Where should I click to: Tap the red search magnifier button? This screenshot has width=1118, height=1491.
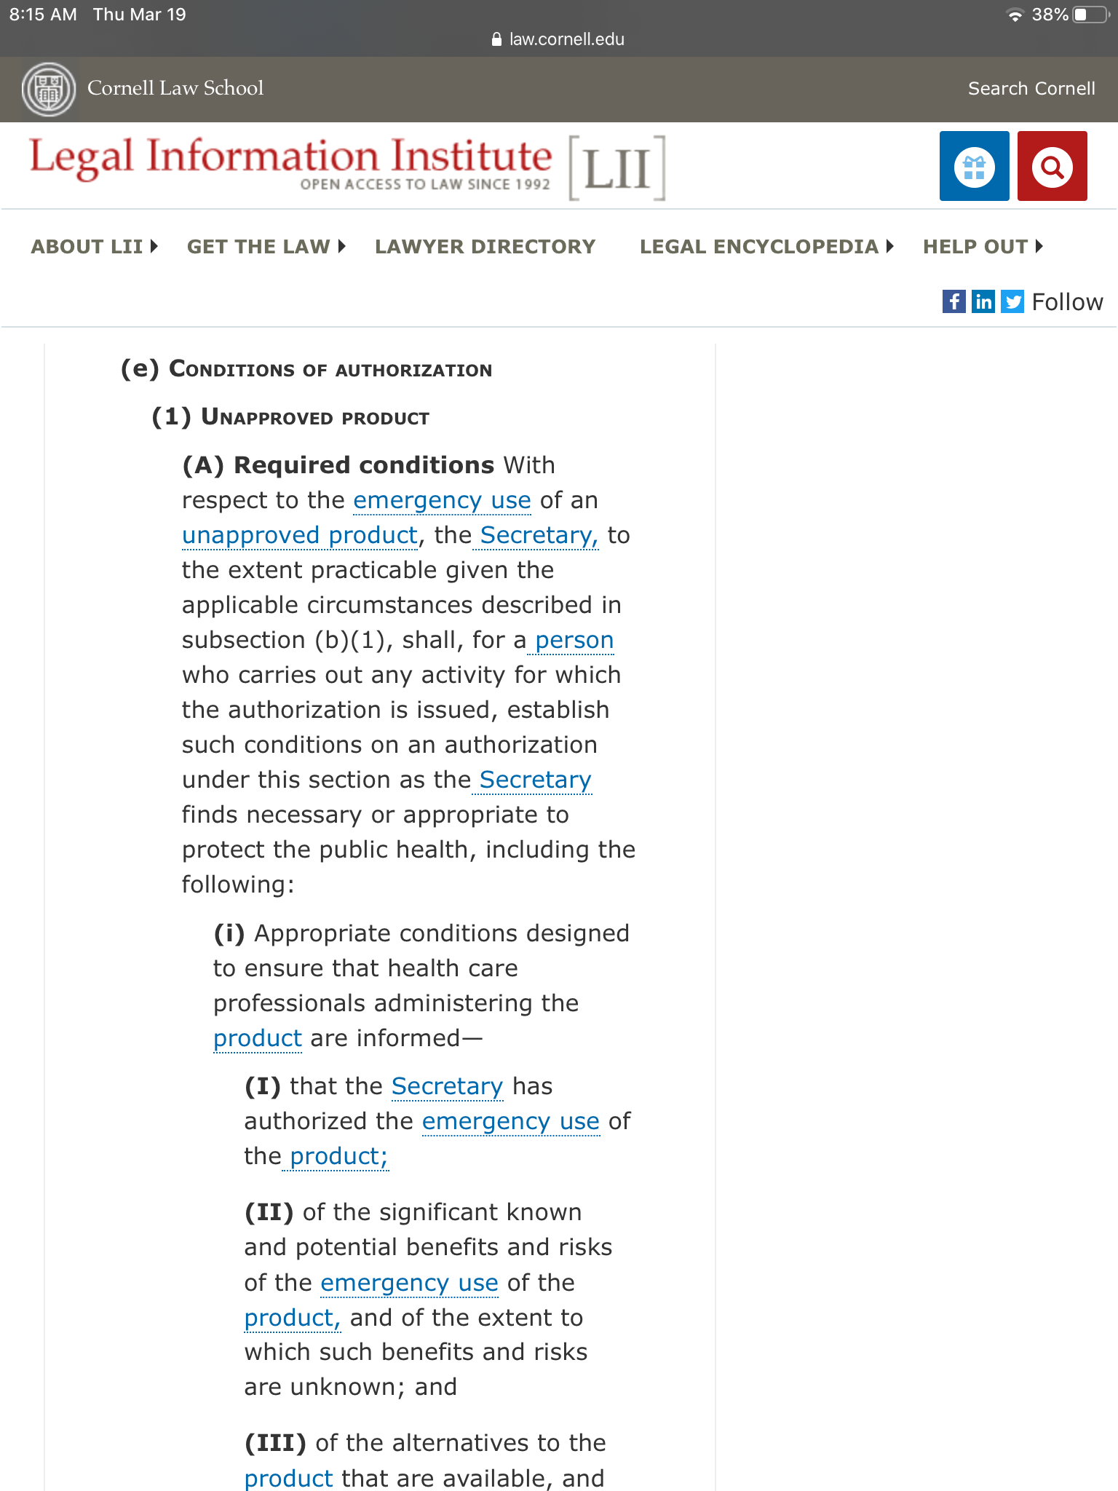pos(1052,166)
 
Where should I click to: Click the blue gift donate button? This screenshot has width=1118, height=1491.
pos(974,166)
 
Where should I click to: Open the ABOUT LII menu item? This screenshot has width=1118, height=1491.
pos(94,247)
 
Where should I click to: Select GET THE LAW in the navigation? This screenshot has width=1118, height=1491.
pos(266,247)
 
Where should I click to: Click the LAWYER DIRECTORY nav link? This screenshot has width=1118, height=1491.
pos(485,247)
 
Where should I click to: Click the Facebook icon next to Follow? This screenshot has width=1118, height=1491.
pos(954,301)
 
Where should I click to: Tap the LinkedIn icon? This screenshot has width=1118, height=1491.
pos(983,301)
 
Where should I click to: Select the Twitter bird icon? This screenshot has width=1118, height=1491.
pos(1012,301)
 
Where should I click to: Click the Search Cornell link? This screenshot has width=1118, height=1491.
pos(1031,89)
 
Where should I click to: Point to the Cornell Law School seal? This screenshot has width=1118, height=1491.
pos(48,89)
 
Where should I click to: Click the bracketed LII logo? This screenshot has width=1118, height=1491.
pos(617,168)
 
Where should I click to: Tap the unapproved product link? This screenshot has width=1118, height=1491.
pos(299,535)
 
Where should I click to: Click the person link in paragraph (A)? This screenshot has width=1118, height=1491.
pos(574,640)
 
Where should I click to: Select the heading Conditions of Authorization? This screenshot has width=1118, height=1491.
pos(330,370)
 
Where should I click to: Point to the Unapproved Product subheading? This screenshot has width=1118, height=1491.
pos(314,417)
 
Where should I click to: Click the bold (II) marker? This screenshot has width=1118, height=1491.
pos(269,1212)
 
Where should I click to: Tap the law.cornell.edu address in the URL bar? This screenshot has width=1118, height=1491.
pos(566,39)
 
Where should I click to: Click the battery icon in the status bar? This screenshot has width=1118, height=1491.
pos(1090,15)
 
